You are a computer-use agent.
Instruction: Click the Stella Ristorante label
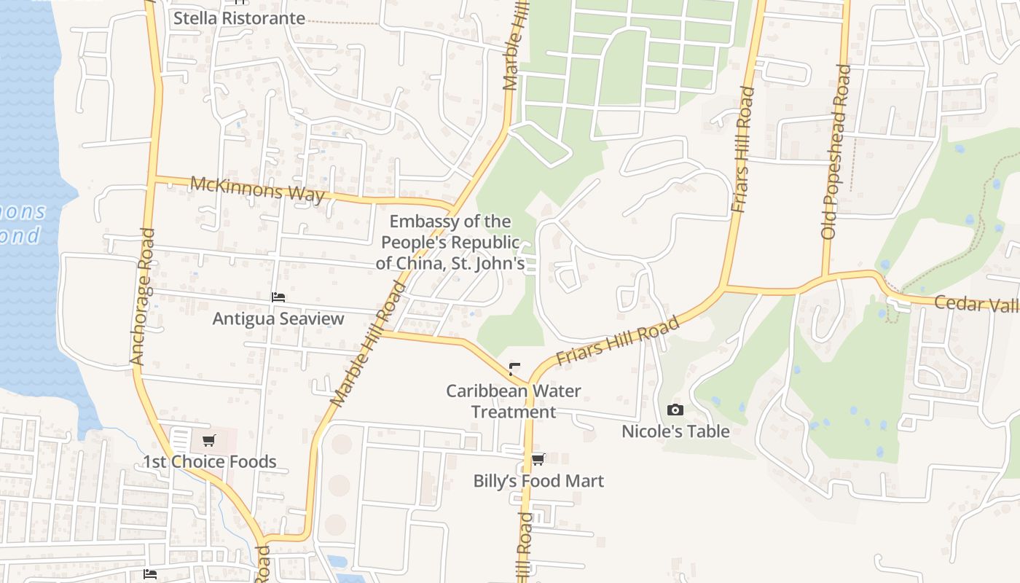[239, 18]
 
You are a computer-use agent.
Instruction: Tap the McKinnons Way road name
[257, 190]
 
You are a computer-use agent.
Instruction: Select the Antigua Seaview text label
[278, 318]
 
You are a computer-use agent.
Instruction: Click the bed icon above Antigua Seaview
[278, 297]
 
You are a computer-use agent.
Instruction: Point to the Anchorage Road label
[143, 297]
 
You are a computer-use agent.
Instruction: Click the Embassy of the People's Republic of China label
[450, 242]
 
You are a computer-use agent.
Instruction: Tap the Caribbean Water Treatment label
[514, 401]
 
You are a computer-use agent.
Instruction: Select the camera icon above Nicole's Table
[675, 410]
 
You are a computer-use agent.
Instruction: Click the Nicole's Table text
[675, 431]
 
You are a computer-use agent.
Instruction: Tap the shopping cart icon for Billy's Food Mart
[538, 459]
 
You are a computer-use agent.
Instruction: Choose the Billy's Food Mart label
[538, 481]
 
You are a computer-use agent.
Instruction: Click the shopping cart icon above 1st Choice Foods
[209, 440]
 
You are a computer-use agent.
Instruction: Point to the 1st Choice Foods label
[209, 461]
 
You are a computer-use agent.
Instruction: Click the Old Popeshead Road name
[836, 152]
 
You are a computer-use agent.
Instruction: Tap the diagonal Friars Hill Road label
[618, 340]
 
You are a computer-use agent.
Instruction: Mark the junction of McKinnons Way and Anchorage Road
[152, 177]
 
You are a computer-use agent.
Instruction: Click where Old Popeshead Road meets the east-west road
[826, 277]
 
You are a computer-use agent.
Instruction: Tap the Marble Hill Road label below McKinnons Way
[367, 344]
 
